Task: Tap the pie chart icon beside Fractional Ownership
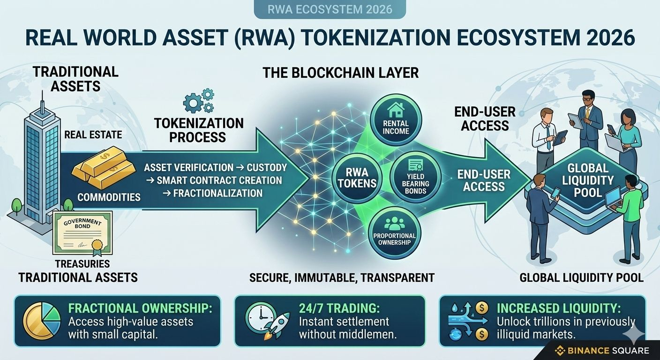click(42, 320)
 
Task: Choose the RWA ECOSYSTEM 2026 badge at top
click(330, 9)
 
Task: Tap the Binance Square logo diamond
click(560, 351)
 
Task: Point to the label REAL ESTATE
click(93, 135)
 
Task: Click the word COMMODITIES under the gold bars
click(109, 197)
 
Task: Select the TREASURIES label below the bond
click(82, 263)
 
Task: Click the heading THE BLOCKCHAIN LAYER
click(340, 73)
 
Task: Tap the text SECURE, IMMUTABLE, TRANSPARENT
click(341, 277)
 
